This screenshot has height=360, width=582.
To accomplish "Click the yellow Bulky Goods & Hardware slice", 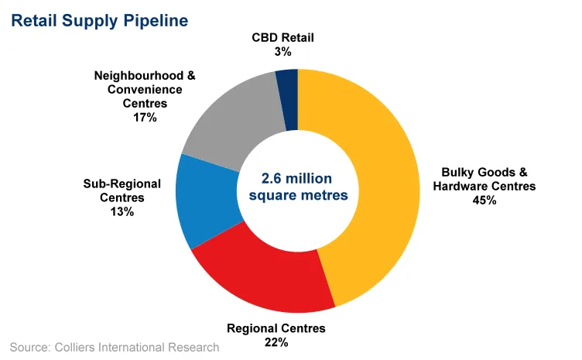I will (x=379, y=186).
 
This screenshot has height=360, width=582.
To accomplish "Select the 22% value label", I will (x=276, y=342).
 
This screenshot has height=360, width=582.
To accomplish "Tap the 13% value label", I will (x=122, y=211).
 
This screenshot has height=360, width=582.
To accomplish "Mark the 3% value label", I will (x=282, y=51).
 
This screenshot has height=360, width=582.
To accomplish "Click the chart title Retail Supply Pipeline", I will (x=99, y=21).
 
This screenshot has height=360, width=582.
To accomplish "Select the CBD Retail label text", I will (x=282, y=37).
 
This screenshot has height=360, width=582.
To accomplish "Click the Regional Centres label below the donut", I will (x=276, y=328).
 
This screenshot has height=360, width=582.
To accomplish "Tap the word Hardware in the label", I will (x=463, y=186).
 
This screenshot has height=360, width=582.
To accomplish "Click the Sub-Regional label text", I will (x=122, y=183).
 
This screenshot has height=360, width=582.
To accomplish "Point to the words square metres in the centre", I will (x=298, y=194).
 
